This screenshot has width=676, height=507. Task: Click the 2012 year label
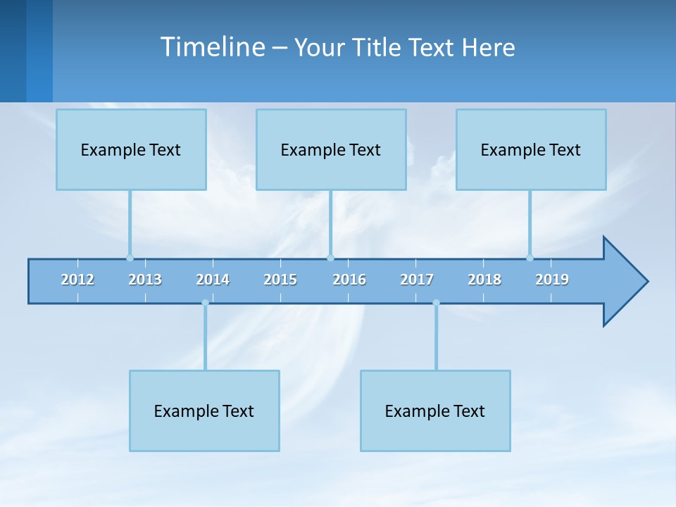77,280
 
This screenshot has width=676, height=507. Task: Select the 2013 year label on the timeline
145,280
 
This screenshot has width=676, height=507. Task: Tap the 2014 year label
213,280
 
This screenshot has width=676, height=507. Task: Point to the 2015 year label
280,280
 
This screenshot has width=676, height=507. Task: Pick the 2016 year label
349,280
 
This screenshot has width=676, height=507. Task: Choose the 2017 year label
417,280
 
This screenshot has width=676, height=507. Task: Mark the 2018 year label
484,280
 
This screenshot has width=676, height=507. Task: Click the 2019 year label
552,280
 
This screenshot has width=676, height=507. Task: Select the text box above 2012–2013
131,149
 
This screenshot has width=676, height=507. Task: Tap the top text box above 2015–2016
331,149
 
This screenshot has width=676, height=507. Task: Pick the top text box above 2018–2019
531,149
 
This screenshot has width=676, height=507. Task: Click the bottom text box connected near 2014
204,411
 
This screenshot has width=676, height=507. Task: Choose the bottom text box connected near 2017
435,411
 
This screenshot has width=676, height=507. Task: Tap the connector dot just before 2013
130,258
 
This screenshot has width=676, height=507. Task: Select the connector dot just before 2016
330,258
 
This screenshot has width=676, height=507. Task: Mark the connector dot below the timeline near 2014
205,303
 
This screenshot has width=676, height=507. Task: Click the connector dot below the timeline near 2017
436,303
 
